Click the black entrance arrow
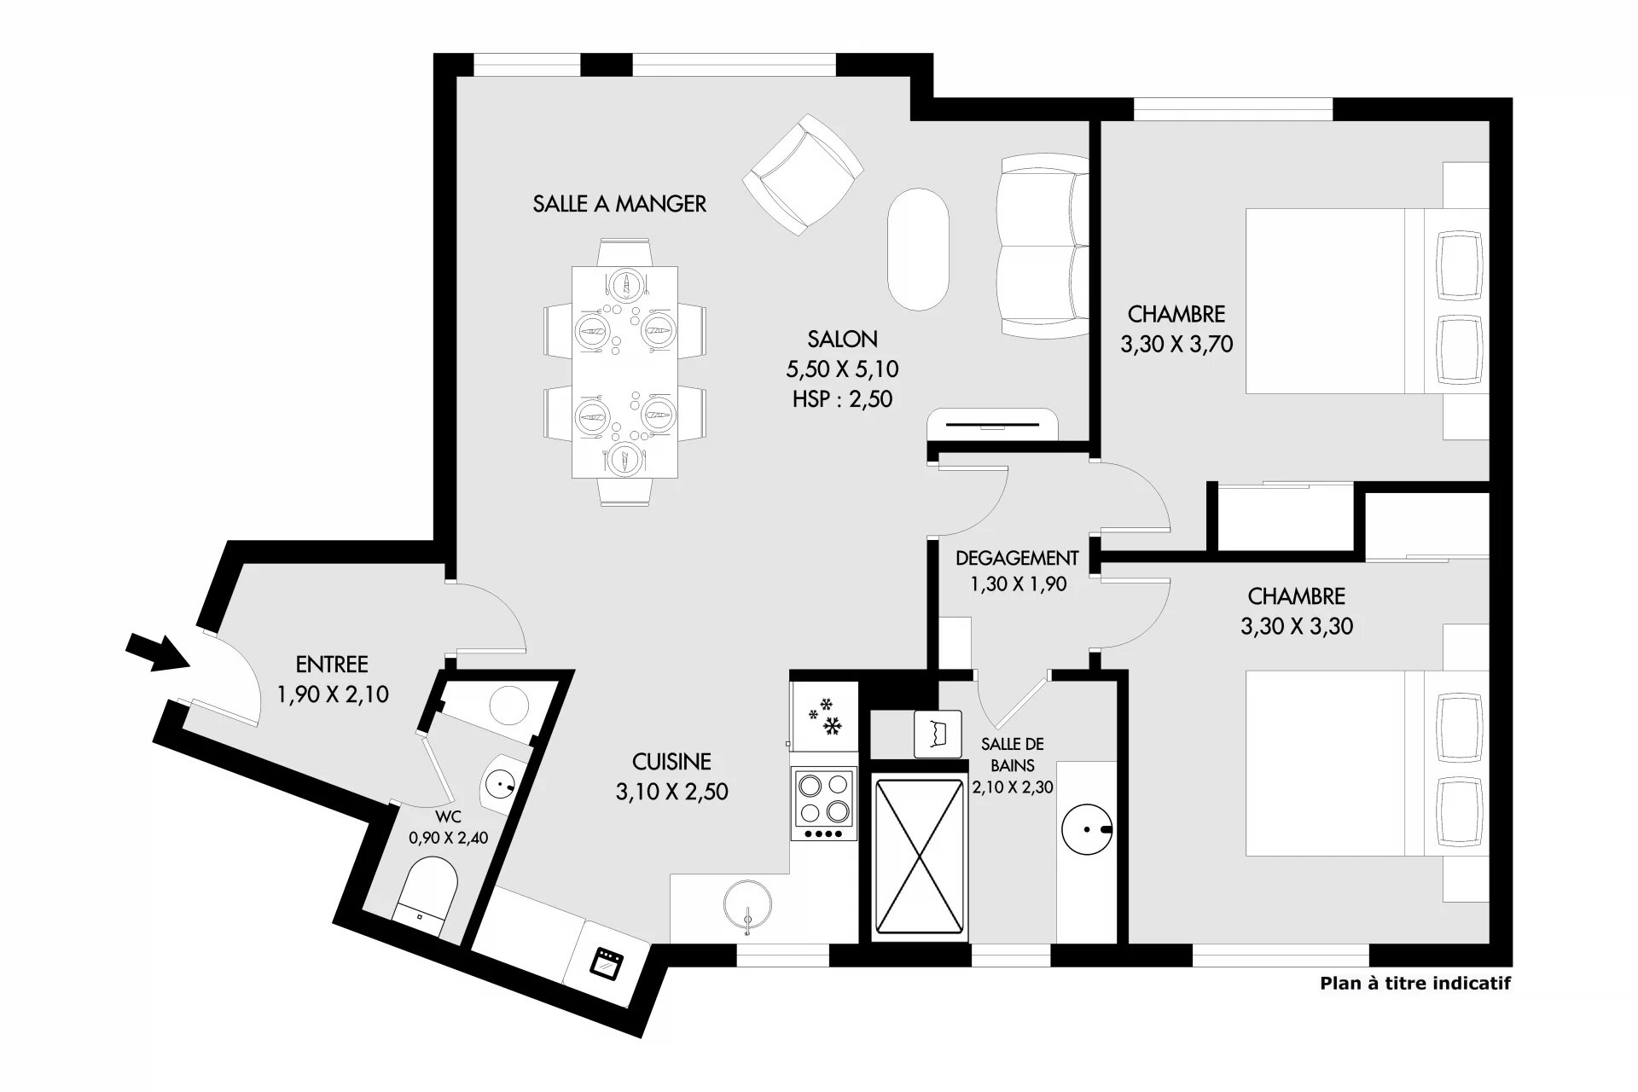pyautogui.click(x=158, y=652)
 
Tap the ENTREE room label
pyautogui.click(x=332, y=665)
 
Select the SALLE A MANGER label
pyautogui.click(x=619, y=204)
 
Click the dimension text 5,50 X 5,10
pyautogui.click(x=842, y=369)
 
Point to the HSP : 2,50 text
pyautogui.click(x=842, y=399)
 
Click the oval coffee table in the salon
pyautogui.click(x=918, y=249)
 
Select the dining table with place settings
pyautogui.click(x=625, y=372)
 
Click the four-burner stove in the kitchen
pyautogui.click(x=823, y=803)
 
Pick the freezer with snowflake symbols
pyautogui.click(x=824, y=716)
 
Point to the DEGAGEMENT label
pyautogui.click(x=1017, y=558)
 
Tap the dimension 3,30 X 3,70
pyautogui.click(x=1176, y=345)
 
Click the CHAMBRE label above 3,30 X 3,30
pyautogui.click(x=1297, y=595)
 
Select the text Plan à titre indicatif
pyautogui.click(x=1415, y=983)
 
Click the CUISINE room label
pyautogui.click(x=671, y=761)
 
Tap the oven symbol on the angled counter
pyautogui.click(x=607, y=961)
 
